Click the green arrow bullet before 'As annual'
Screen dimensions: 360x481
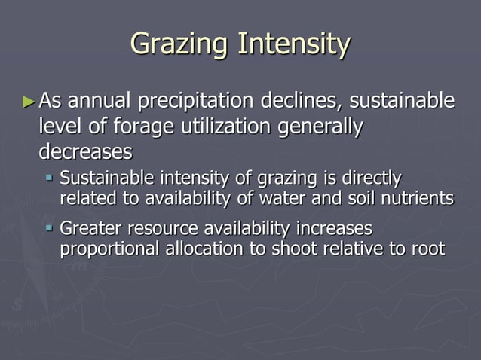[x=29, y=100]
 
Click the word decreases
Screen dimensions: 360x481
[x=85, y=151]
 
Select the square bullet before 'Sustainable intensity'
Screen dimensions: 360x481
[x=49, y=178]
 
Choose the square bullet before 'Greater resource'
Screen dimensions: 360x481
[x=49, y=227]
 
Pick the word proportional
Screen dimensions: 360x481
[x=109, y=249]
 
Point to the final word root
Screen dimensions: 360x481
[x=427, y=249]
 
